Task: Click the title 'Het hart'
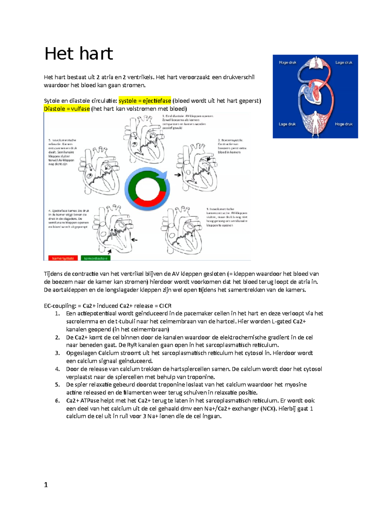pyautogui.click(x=79, y=54)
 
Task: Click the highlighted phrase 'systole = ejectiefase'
pyautogui.click(x=145, y=101)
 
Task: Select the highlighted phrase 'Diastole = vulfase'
pyautogui.click(x=67, y=109)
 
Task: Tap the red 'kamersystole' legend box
pyautogui.click(x=63, y=258)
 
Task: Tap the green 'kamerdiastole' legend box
pyautogui.click(x=96, y=258)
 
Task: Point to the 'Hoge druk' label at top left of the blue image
pyautogui.click(x=287, y=62)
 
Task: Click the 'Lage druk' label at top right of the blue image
pyautogui.click(x=344, y=62)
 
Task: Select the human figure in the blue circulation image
pyautogui.click(x=315, y=124)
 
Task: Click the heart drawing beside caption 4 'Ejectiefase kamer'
pyautogui.click(x=113, y=228)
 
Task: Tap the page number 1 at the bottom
pyautogui.click(x=46, y=484)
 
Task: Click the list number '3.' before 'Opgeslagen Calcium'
pyautogui.click(x=57, y=353)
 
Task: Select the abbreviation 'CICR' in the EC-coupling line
pyautogui.click(x=165, y=306)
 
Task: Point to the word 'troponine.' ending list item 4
pyautogui.click(x=201, y=377)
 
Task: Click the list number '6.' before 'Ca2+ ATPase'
pyautogui.click(x=57, y=401)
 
